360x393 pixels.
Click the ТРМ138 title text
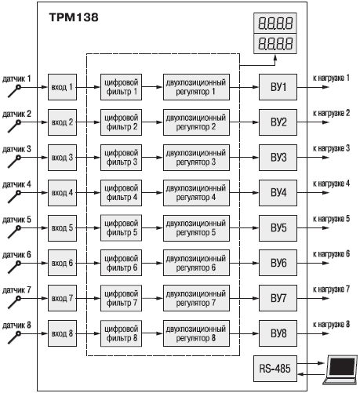(74, 17)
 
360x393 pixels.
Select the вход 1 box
(62, 87)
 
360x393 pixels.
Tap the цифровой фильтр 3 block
(122, 158)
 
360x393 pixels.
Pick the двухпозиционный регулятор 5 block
(196, 228)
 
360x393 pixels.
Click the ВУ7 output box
(278, 298)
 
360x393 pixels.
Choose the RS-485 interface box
(275, 369)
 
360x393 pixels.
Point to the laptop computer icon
(340, 369)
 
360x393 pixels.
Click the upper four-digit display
(275, 23)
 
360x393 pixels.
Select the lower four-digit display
(275, 44)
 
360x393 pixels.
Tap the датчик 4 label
(16, 184)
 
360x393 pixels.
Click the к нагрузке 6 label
(331, 254)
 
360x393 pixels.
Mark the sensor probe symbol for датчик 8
(15, 337)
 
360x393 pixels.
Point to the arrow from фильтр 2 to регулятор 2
(152, 122)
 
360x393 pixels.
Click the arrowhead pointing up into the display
(275, 57)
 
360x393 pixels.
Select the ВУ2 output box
(278, 122)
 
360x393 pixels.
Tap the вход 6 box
(62, 263)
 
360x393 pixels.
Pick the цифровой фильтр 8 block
(122, 333)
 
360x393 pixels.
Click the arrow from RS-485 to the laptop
(311, 363)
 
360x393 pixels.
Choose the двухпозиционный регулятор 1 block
(196, 87)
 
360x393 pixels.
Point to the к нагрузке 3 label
(331, 148)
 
